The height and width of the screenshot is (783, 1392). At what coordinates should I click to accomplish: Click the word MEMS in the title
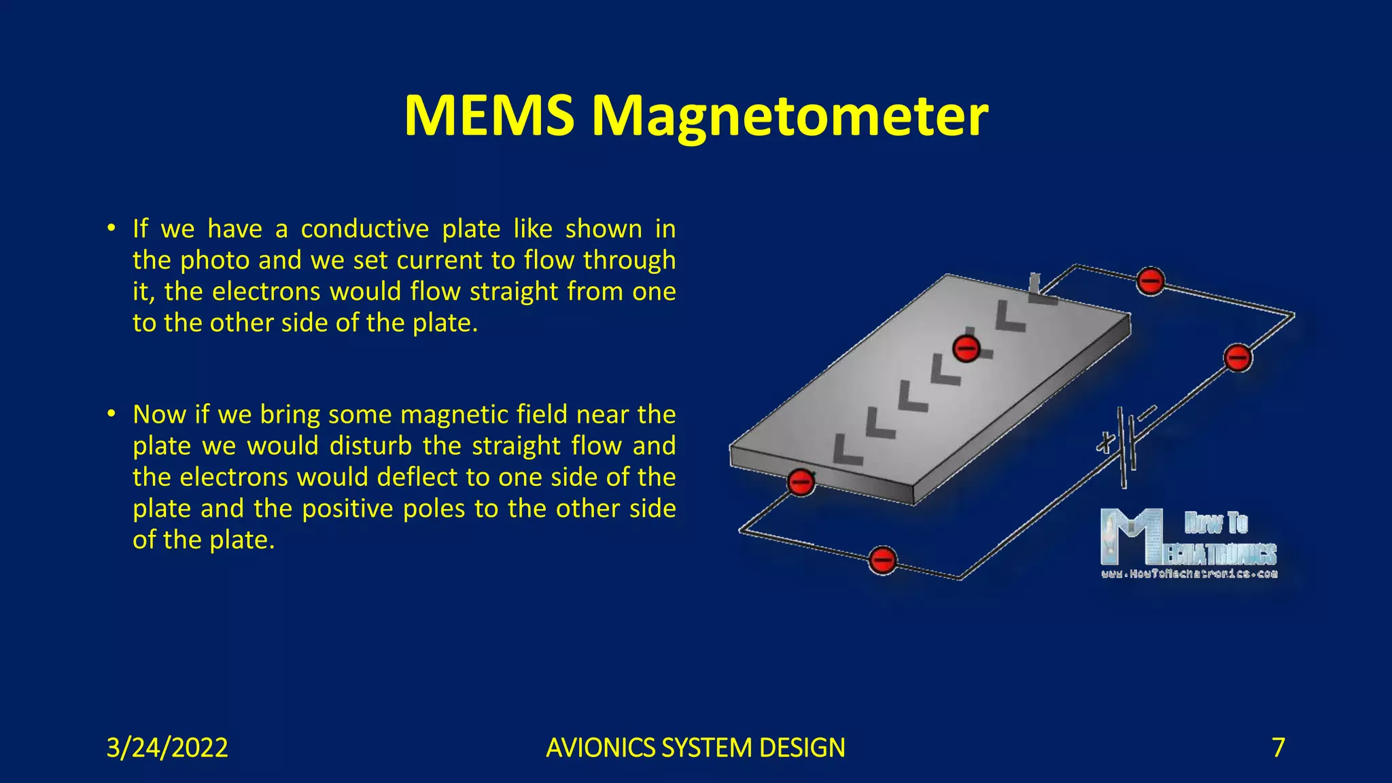488,116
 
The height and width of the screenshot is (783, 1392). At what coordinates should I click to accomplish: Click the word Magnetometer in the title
790,117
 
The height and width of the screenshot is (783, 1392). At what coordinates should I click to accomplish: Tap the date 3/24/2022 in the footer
167,748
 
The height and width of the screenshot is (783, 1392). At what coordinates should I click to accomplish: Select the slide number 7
1278,748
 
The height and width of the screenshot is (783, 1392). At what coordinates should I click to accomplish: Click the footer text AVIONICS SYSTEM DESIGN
695,748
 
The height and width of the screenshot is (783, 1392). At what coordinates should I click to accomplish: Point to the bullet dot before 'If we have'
111,228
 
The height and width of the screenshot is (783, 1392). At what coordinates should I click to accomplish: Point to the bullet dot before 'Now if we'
111,414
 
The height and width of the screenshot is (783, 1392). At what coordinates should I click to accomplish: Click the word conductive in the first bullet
364,229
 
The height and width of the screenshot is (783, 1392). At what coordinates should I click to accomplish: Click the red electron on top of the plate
966,349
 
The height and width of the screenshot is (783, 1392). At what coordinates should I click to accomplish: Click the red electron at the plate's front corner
801,482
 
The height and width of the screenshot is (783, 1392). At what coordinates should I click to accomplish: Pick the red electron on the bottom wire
882,561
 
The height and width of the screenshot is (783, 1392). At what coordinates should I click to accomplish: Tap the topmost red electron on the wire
1150,280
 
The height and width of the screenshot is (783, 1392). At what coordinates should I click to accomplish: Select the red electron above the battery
1237,358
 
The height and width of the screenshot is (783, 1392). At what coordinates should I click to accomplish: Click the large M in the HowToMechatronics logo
1128,537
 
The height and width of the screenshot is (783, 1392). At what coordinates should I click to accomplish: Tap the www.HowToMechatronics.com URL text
1189,574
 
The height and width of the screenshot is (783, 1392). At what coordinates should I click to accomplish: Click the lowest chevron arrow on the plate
846,450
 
